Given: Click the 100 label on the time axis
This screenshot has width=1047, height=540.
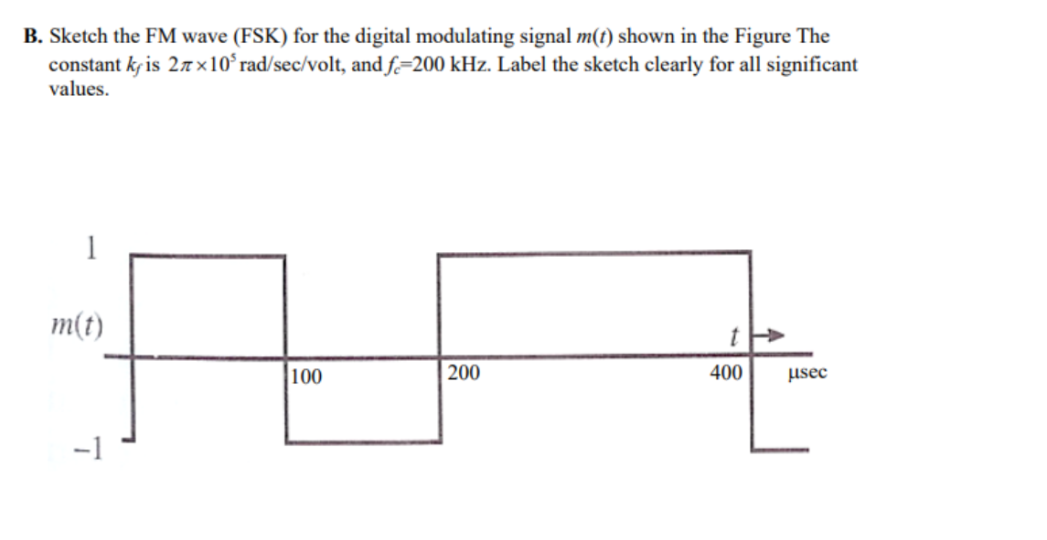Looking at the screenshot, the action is [x=307, y=376].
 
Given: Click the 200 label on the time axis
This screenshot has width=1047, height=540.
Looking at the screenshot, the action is [x=464, y=373].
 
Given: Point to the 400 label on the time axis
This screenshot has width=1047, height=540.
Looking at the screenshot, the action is [x=726, y=373].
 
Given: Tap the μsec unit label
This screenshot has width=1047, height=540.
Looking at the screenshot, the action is [x=806, y=373].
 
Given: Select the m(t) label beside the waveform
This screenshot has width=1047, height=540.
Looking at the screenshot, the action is [x=77, y=323].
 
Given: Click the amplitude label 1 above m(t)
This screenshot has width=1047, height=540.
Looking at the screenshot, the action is [x=90, y=249].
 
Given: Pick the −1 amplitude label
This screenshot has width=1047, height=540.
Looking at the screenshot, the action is [x=91, y=449].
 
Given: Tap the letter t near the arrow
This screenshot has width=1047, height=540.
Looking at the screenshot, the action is [x=733, y=335].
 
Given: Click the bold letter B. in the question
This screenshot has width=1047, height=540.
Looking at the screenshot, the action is [x=33, y=37].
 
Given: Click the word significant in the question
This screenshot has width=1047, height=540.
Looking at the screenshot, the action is [x=808, y=65].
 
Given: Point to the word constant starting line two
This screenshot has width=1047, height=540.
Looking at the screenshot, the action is [x=83, y=65].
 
